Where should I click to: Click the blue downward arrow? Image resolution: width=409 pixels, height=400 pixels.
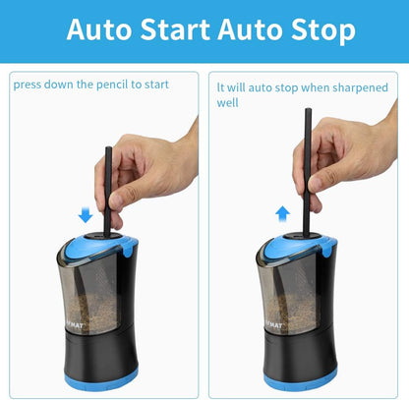pos(86,214)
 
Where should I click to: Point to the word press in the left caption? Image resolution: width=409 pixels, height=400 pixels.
pos(29,85)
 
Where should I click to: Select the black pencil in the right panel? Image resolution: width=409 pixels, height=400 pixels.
pos(308,167)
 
